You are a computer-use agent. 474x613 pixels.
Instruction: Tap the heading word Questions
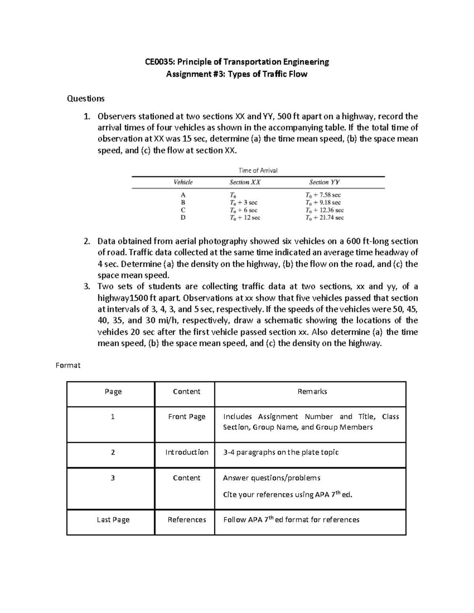(x=86, y=99)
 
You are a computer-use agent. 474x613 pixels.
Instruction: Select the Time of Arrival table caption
(x=258, y=171)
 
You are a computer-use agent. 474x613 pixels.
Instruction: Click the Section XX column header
(x=245, y=182)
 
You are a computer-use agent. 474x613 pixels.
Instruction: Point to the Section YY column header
(x=324, y=182)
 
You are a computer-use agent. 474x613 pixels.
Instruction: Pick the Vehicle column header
(x=183, y=182)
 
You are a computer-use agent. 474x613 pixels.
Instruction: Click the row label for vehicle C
(x=183, y=210)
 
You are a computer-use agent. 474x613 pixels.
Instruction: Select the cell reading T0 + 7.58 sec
(x=323, y=195)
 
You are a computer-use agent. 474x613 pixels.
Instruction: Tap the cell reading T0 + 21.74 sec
(x=324, y=217)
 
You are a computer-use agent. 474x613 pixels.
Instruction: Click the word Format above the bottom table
(x=68, y=366)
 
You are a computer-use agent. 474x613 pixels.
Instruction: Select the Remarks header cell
(x=312, y=392)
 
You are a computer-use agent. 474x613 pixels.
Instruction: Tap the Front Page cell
(x=186, y=417)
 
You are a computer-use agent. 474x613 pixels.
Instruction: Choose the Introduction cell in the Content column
(x=186, y=452)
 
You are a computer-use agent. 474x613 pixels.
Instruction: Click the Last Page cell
(x=113, y=520)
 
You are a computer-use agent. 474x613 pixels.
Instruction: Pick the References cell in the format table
(x=186, y=520)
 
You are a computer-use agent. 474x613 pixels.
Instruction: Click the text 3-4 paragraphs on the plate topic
(x=281, y=452)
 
